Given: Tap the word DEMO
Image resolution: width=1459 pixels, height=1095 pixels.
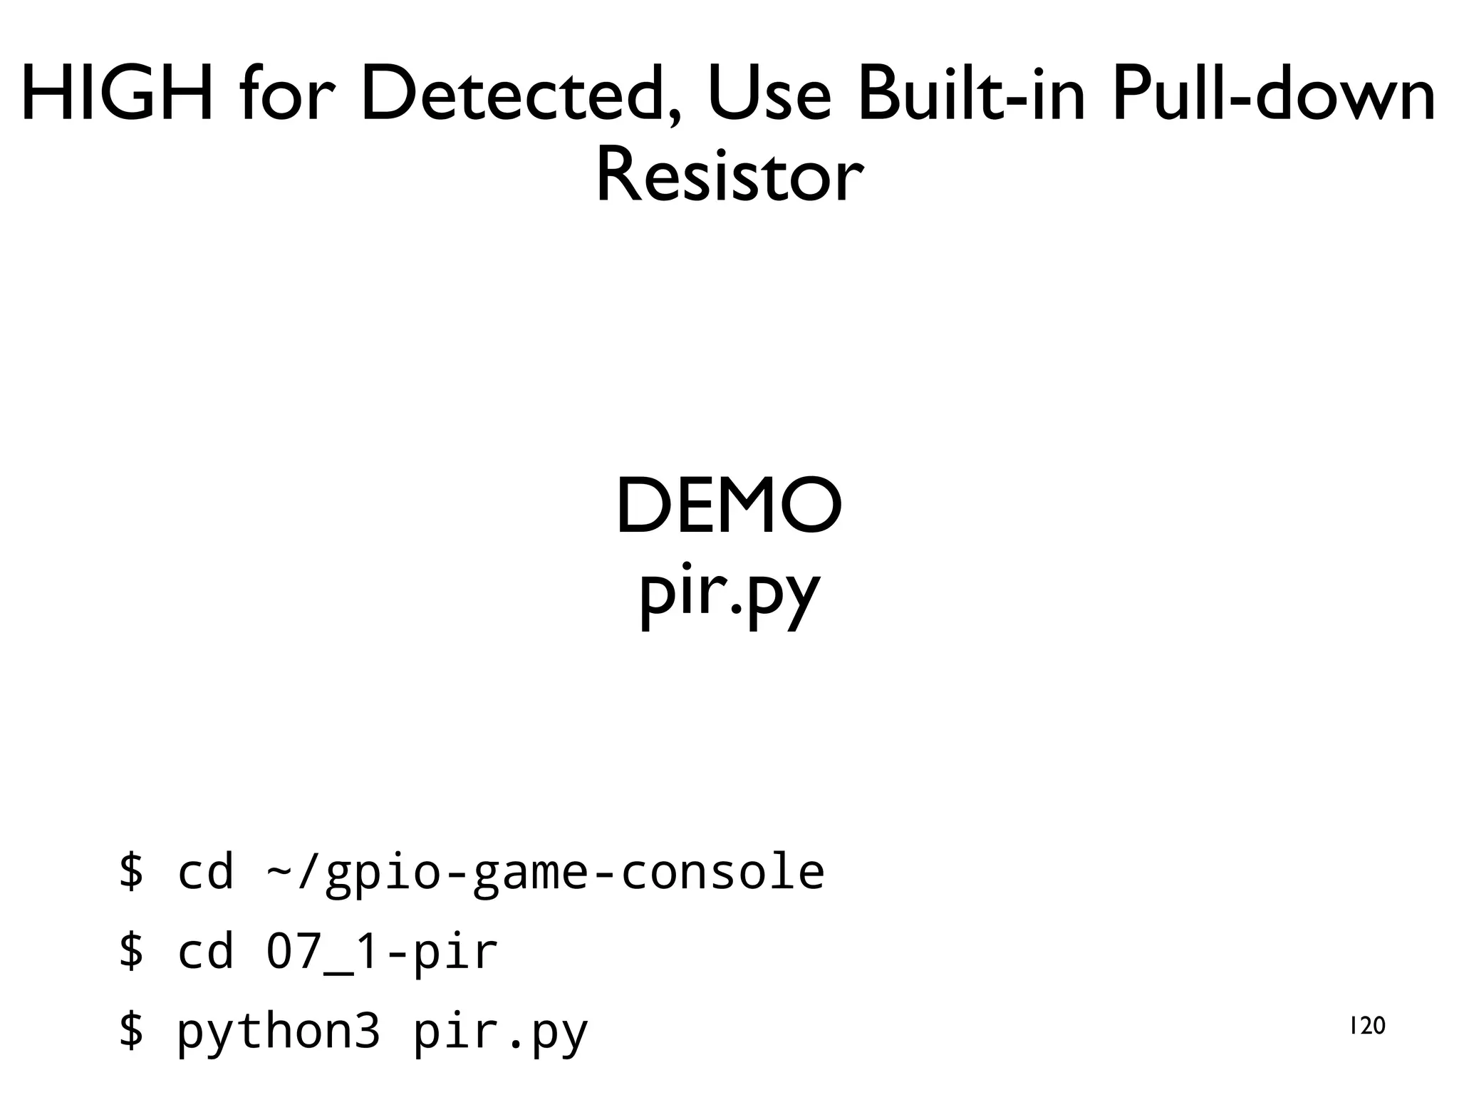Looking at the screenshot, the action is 729,506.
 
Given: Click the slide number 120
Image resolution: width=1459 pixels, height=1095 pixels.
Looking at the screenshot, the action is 1367,1026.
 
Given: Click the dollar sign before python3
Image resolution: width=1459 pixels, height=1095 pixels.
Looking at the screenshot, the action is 131,1031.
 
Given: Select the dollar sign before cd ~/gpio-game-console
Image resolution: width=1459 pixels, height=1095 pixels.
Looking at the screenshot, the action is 131,871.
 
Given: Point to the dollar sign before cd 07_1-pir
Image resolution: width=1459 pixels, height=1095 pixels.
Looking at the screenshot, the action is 131,951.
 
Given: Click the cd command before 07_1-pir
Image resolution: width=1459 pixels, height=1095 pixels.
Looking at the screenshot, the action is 205,951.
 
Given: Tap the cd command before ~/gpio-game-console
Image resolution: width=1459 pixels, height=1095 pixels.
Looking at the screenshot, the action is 205,871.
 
